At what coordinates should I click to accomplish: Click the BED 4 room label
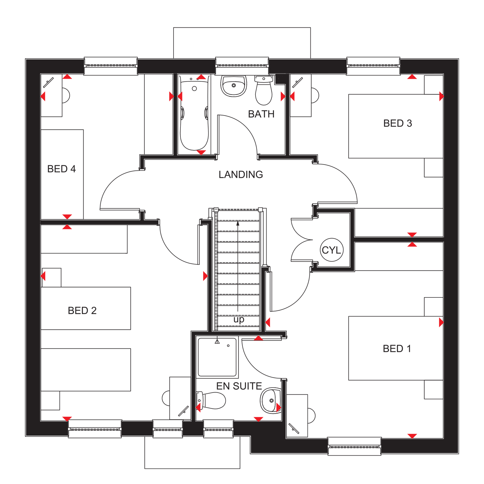(61, 169)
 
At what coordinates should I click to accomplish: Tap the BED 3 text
(398, 123)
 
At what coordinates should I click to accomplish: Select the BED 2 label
(82, 310)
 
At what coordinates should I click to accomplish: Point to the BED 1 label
(397, 348)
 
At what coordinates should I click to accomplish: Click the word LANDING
(241, 175)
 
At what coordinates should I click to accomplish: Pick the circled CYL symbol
(332, 250)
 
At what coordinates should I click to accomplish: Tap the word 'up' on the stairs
(239, 319)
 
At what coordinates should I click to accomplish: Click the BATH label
(261, 114)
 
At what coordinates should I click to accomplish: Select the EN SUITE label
(239, 386)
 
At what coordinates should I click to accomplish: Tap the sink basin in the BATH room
(234, 86)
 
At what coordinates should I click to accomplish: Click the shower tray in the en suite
(217, 357)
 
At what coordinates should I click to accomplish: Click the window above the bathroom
(242, 66)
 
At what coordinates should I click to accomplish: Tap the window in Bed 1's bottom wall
(354, 446)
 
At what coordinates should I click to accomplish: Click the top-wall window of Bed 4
(111, 66)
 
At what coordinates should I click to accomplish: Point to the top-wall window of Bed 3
(373, 66)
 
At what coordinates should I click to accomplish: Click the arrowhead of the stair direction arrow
(238, 223)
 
